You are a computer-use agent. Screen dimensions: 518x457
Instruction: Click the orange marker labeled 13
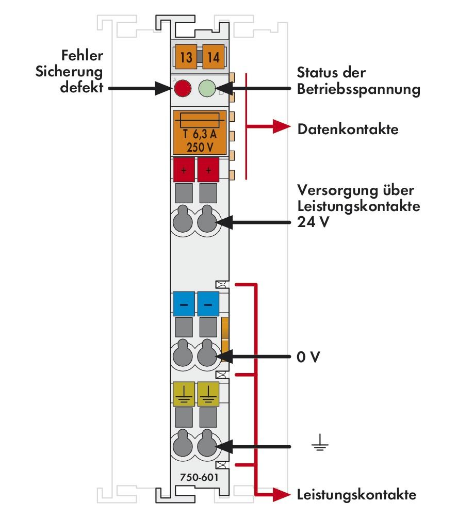tap(186, 57)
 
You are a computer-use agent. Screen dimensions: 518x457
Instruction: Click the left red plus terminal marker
tap(183, 169)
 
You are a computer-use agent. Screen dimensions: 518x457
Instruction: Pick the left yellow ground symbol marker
tap(183, 393)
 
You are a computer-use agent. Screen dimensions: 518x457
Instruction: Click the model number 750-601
tap(199, 477)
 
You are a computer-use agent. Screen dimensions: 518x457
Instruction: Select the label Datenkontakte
tap(348, 129)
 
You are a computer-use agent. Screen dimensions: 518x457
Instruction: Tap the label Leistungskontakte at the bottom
tap(356, 495)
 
